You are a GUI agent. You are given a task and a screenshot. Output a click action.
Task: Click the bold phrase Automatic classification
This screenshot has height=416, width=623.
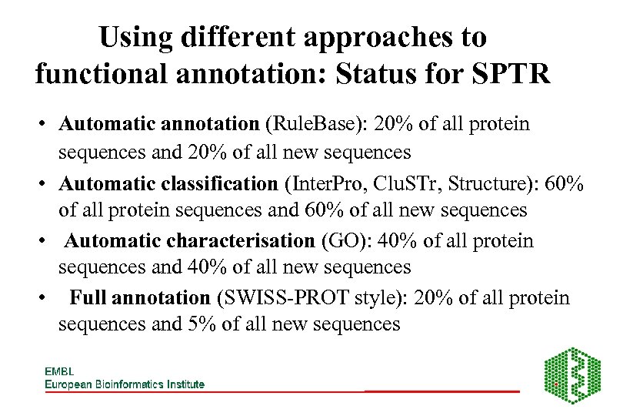tap(168, 183)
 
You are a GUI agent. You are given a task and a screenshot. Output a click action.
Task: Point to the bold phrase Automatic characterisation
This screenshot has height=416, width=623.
tap(189, 241)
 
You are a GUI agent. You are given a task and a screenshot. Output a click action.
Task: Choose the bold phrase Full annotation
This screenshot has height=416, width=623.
tap(140, 298)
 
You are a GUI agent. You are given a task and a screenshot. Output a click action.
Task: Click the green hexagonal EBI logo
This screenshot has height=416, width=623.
tap(572, 374)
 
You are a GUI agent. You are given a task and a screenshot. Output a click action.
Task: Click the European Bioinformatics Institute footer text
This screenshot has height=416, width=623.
tap(124, 384)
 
